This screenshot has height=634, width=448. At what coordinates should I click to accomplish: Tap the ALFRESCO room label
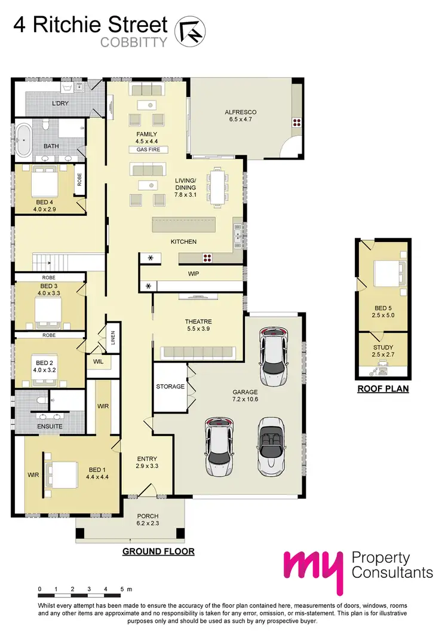(240, 112)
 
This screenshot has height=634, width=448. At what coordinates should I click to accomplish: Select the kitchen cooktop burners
(207, 258)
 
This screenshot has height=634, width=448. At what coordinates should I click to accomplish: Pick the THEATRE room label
(198, 321)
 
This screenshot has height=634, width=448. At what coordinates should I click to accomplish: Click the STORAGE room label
(170, 387)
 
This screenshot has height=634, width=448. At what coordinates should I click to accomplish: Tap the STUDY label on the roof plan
(382, 347)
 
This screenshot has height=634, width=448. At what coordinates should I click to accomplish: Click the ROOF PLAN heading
(383, 388)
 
